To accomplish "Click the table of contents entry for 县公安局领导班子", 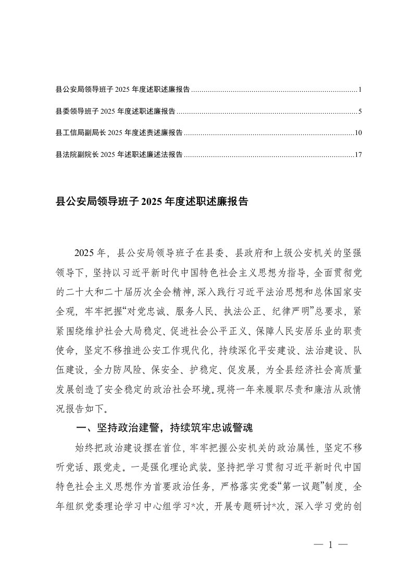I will (x=122, y=90).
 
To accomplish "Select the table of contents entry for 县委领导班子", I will (x=115, y=112).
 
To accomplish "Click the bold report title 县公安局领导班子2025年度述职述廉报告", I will (x=152, y=201).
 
